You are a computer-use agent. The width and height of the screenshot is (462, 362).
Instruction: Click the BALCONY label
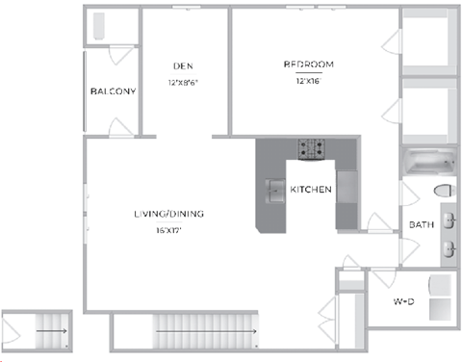click(112, 91)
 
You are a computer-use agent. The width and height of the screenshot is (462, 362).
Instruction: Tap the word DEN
click(184, 65)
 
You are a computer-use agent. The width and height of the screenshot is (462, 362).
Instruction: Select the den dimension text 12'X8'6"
click(184, 82)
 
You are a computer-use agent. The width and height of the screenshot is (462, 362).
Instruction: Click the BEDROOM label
click(308, 65)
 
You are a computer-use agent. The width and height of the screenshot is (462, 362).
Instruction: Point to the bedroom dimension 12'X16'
click(308, 82)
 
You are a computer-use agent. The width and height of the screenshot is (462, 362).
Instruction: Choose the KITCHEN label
click(311, 190)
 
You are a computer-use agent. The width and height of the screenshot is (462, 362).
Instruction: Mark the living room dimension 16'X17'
click(167, 230)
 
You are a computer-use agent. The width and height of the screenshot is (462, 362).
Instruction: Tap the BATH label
click(422, 225)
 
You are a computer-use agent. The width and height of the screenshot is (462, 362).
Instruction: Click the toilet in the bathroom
click(445, 191)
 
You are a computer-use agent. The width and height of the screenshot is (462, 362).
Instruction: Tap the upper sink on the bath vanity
click(449, 218)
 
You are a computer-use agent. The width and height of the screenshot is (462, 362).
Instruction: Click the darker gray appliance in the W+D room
click(441, 310)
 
